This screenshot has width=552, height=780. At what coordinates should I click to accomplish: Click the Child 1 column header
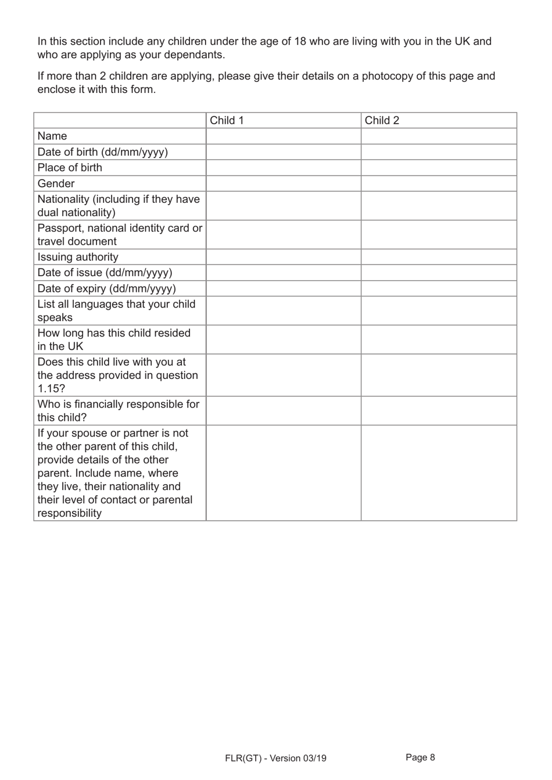click(227, 120)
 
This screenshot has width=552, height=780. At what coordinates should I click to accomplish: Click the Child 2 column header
click(382, 120)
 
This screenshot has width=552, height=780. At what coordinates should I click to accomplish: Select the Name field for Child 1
click(284, 136)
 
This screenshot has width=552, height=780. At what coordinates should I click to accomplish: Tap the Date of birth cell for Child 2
click(439, 152)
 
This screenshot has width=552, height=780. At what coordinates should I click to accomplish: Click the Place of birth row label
click(70, 167)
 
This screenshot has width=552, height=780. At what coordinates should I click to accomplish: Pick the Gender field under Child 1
click(284, 183)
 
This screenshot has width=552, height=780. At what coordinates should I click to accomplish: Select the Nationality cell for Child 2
click(439, 206)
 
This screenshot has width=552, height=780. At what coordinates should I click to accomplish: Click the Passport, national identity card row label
click(120, 234)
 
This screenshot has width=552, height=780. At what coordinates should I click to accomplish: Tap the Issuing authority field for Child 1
click(284, 257)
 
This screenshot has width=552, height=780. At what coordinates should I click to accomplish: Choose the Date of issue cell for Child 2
click(439, 273)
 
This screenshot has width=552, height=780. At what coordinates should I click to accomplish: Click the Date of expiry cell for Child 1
click(284, 288)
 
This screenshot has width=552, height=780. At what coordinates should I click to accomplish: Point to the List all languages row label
click(116, 310)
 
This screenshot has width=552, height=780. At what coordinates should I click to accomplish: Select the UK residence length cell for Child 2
click(439, 339)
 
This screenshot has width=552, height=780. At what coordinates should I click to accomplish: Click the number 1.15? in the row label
click(51, 389)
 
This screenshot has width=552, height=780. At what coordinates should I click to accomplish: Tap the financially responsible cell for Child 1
click(284, 411)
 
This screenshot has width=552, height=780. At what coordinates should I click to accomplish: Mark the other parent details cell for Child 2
click(439, 473)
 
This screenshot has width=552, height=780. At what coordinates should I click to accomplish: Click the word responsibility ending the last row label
click(69, 513)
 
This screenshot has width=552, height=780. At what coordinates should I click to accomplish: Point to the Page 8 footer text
click(420, 757)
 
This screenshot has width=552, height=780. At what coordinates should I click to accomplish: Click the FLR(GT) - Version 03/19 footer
click(275, 758)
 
